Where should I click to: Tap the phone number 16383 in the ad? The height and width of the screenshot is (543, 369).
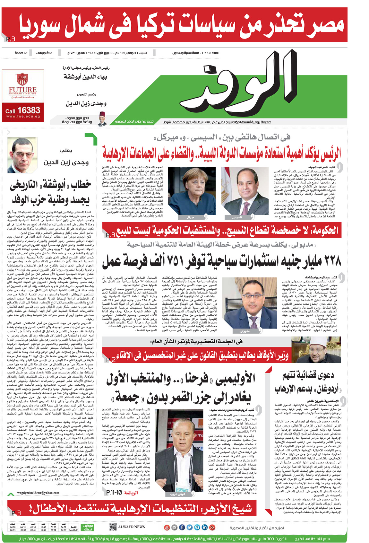click(x=29, y=110)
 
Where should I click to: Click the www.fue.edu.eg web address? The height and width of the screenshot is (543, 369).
click(x=23, y=116)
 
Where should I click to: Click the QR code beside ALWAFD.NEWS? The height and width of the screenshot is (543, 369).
click(x=113, y=527)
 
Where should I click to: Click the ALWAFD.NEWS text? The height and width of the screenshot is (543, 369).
click(x=132, y=527)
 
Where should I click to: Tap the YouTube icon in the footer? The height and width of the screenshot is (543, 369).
click(x=167, y=527)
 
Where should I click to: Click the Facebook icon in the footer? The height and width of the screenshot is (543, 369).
click(x=182, y=527)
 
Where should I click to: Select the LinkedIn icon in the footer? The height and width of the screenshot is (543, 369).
click(x=204, y=527)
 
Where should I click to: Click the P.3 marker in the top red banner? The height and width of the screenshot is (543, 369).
click(x=11, y=39)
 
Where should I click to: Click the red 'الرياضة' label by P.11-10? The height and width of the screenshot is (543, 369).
click(x=131, y=492)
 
